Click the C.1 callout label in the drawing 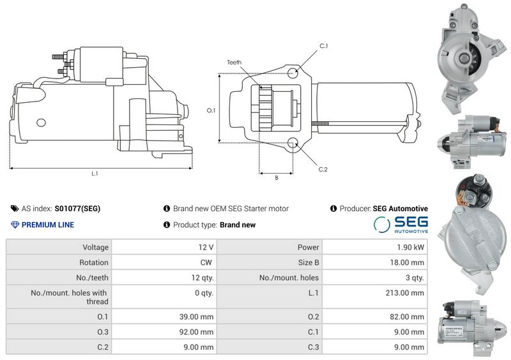[323, 46]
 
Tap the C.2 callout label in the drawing [323, 169]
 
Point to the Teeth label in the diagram [234, 62]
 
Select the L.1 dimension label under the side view [95, 174]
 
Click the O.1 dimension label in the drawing [211, 110]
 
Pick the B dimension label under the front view [277, 178]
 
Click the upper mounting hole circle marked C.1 [293, 72]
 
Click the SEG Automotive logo [400, 225]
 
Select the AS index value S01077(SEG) [77, 209]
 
